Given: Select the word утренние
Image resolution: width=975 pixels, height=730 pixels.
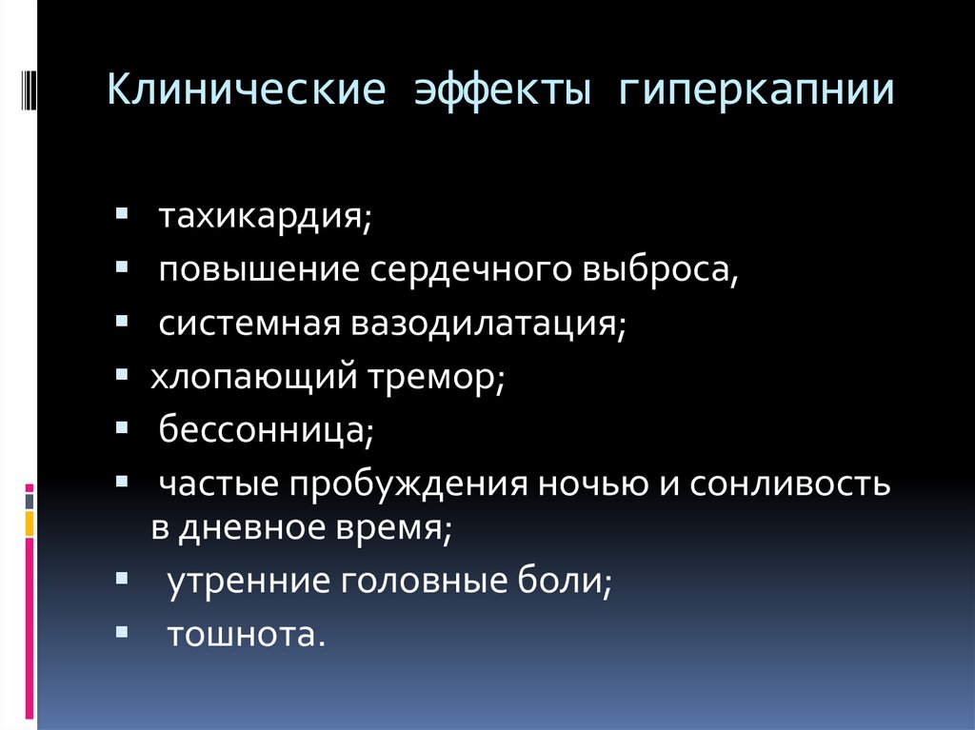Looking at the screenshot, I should (249, 581).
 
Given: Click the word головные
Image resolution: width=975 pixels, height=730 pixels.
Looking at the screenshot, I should (424, 581).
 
